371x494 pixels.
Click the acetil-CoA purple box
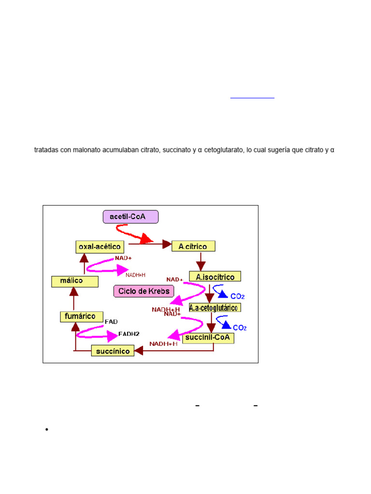click(130, 217)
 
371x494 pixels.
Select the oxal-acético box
click(100, 247)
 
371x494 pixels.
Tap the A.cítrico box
click(193, 247)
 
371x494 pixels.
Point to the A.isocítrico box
click(215, 277)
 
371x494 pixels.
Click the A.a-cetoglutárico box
click(214, 308)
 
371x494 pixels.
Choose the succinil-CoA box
click(208, 338)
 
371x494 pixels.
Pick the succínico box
click(113, 351)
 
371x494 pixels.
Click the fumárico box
click(82, 317)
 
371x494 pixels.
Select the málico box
click(75, 281)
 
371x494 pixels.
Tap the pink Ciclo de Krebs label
click(144, 291)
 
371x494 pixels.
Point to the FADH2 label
click(128, 333)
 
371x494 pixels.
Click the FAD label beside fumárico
click(111, 321)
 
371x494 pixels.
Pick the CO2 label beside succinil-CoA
click(239, 328)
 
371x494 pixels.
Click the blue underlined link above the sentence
click(252, 97)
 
